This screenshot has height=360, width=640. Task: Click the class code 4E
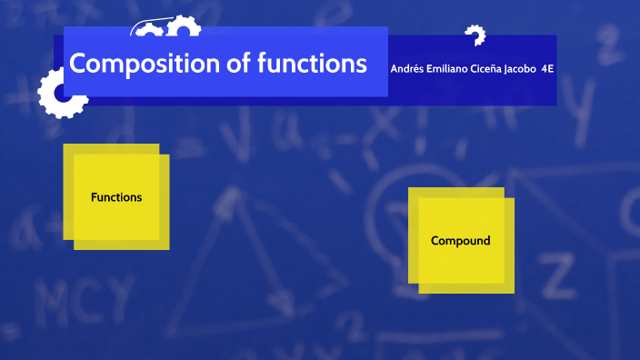(547, 68)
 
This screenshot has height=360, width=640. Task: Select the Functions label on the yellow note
(116, 196)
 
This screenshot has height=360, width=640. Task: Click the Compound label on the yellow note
(460, 241)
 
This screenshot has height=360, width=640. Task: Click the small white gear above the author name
(475, 35)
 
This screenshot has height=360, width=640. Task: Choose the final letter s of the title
(361, 65)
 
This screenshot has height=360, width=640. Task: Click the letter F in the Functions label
(94, 196)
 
